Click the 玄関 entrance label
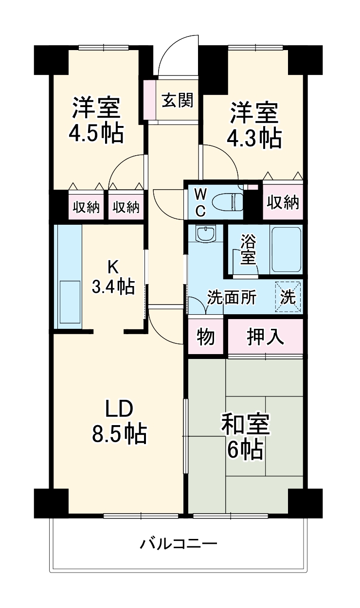[177, 101]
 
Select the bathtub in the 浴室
[287, 249]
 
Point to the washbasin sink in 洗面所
[206, 234]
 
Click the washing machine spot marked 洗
[289, 296]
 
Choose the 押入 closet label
[265, 336]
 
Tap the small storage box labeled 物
[206, 337]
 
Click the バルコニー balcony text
[179, 543]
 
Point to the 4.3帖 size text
[254, 139]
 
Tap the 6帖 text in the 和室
[245, 450]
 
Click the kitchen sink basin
[69, 302]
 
